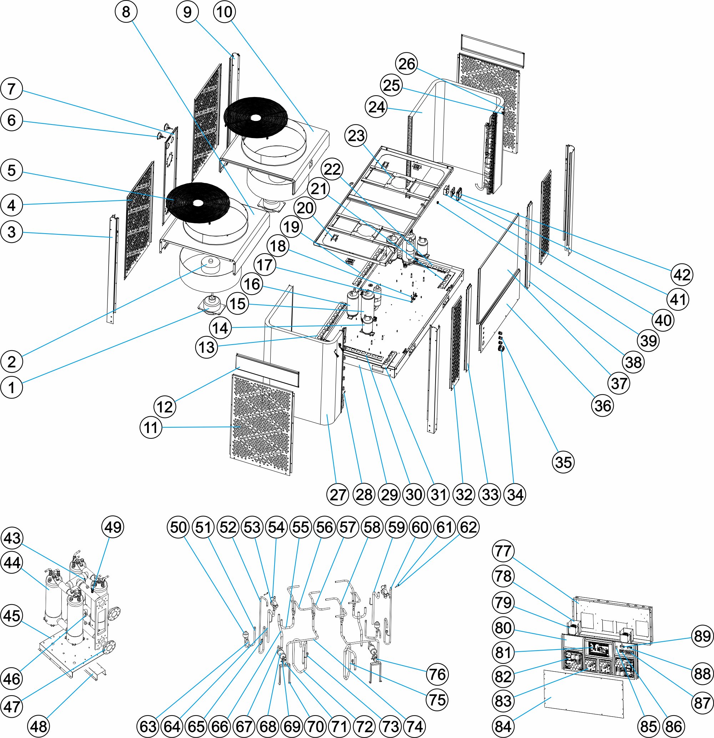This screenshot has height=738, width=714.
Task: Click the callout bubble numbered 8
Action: click(x=126, y=12)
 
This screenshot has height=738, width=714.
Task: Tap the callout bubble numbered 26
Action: click(x=407, y=63)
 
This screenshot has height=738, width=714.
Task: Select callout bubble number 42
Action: click(x=682, y=275)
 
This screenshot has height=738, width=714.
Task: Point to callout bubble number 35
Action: click(x=564, y=462)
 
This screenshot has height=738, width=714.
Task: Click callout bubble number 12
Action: click(x=165, y=407)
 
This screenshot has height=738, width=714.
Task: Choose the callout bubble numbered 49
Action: click(x=113, y=527)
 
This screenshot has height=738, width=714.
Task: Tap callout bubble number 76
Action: click(x=437, y=674)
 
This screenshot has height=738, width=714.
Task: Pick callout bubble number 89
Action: click(x=702, y=636)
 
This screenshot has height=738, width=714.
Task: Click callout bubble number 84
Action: click(x=503, y=726)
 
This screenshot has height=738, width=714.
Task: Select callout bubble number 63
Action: click(x=148, y=726)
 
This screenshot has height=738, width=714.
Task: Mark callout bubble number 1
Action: click(x=12, y=387)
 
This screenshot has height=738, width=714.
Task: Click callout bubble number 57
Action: click(x=348, y=527)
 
